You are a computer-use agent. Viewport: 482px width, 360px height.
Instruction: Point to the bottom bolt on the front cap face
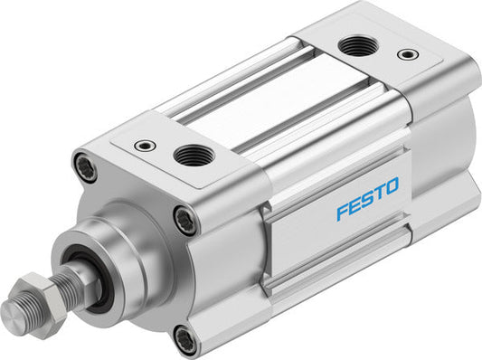pos(185,340)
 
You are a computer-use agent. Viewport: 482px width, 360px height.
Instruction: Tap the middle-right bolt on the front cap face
pos(185,219)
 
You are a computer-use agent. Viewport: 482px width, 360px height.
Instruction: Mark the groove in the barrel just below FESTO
pos(380,237)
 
